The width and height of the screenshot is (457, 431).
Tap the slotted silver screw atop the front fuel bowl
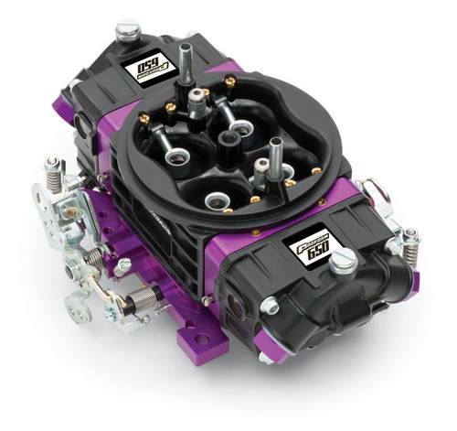click(344, 264)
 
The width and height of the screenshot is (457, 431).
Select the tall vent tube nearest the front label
click(275, 156)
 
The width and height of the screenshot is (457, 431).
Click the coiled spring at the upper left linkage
click(54, 167)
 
